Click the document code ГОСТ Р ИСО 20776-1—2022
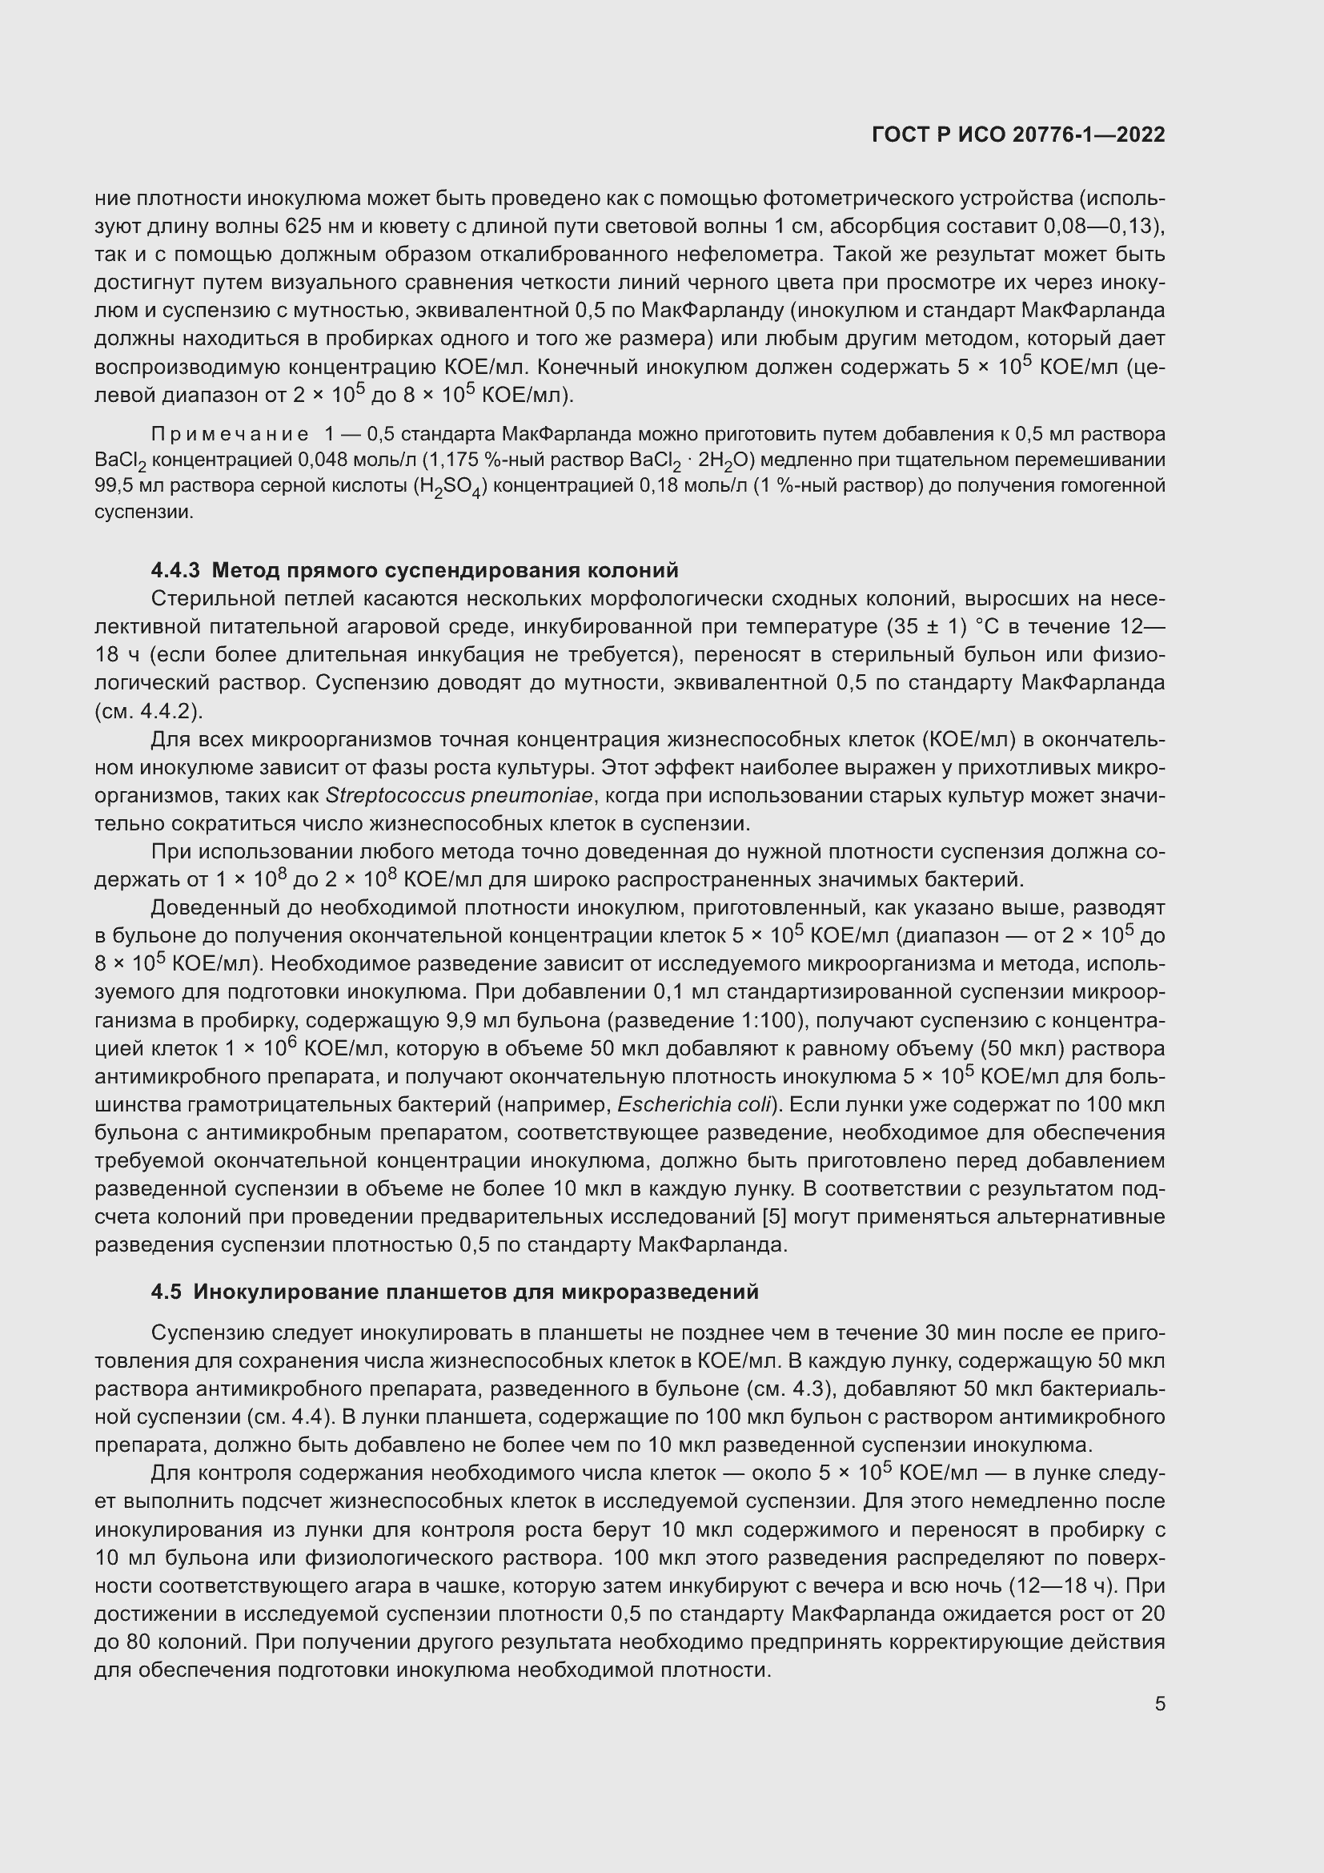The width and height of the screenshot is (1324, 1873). (x=1017, y=135)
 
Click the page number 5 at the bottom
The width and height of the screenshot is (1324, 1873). (x=1159, y=1703)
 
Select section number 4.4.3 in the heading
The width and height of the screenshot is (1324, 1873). (x=175, y=569)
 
